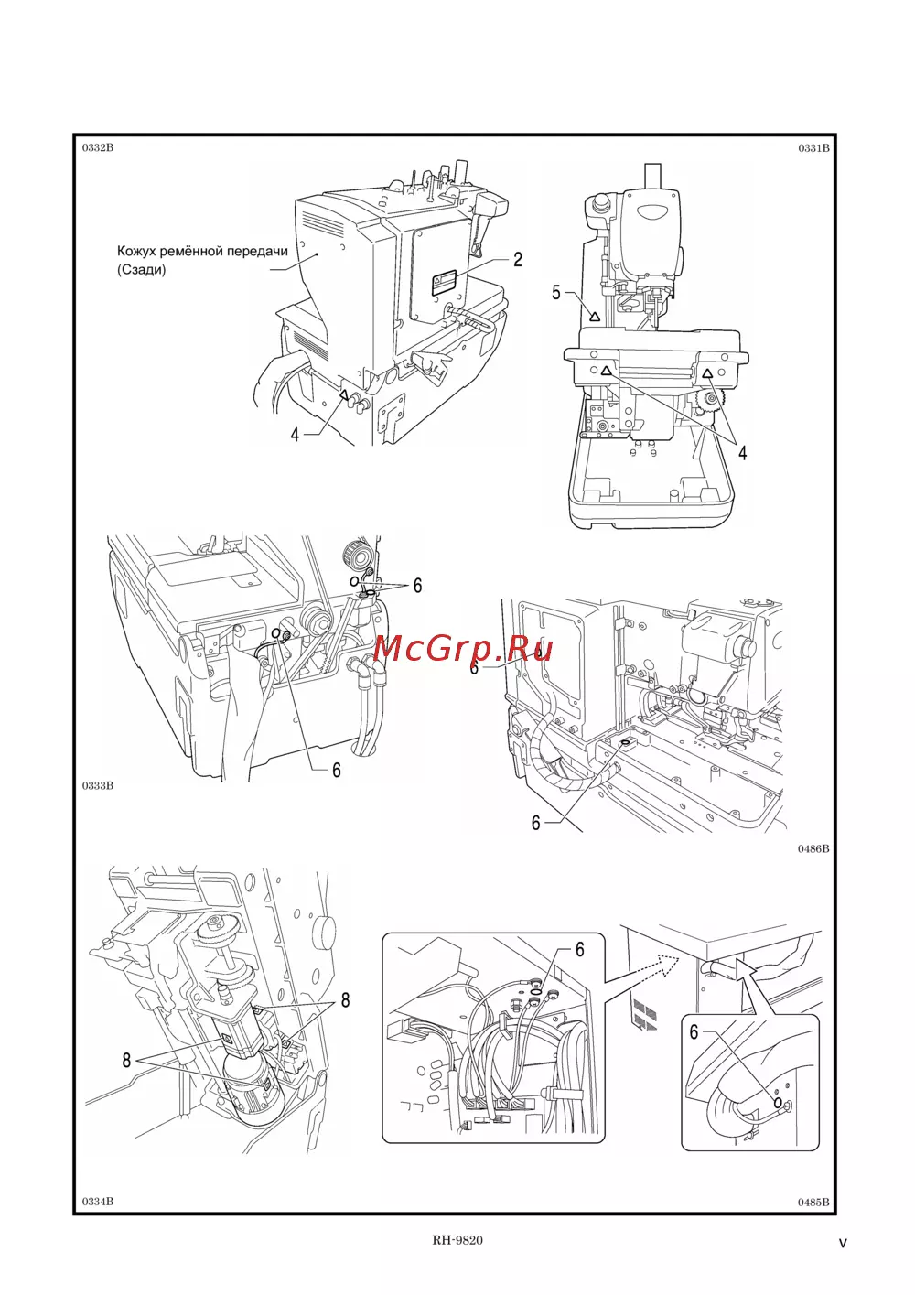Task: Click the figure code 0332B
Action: pos(98,147)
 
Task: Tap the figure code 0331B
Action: pos(813,148)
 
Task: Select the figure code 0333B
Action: pos(98,785)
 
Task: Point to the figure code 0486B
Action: pos(813,848)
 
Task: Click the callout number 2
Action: pos(518,260)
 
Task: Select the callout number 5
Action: pos(556,293)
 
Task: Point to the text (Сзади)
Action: pos(142,269)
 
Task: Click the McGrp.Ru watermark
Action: pos(462,649)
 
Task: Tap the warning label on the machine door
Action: pos(445,284)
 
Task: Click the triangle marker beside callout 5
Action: pos(594,317)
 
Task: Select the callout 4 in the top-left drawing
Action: pos(295,435)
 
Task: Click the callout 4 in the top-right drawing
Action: pos(743,453)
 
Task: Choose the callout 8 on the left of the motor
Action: pos(126,1060)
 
